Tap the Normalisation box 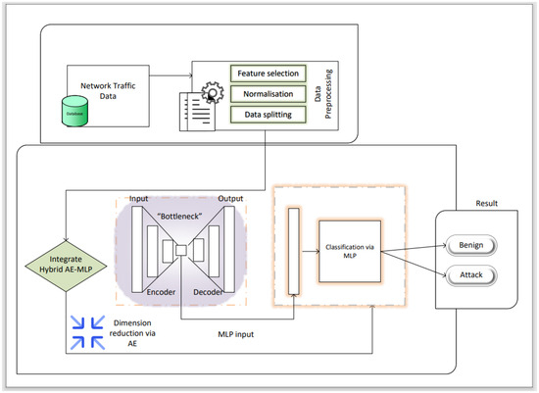tap(268, 94)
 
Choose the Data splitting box tap(268, 116)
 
